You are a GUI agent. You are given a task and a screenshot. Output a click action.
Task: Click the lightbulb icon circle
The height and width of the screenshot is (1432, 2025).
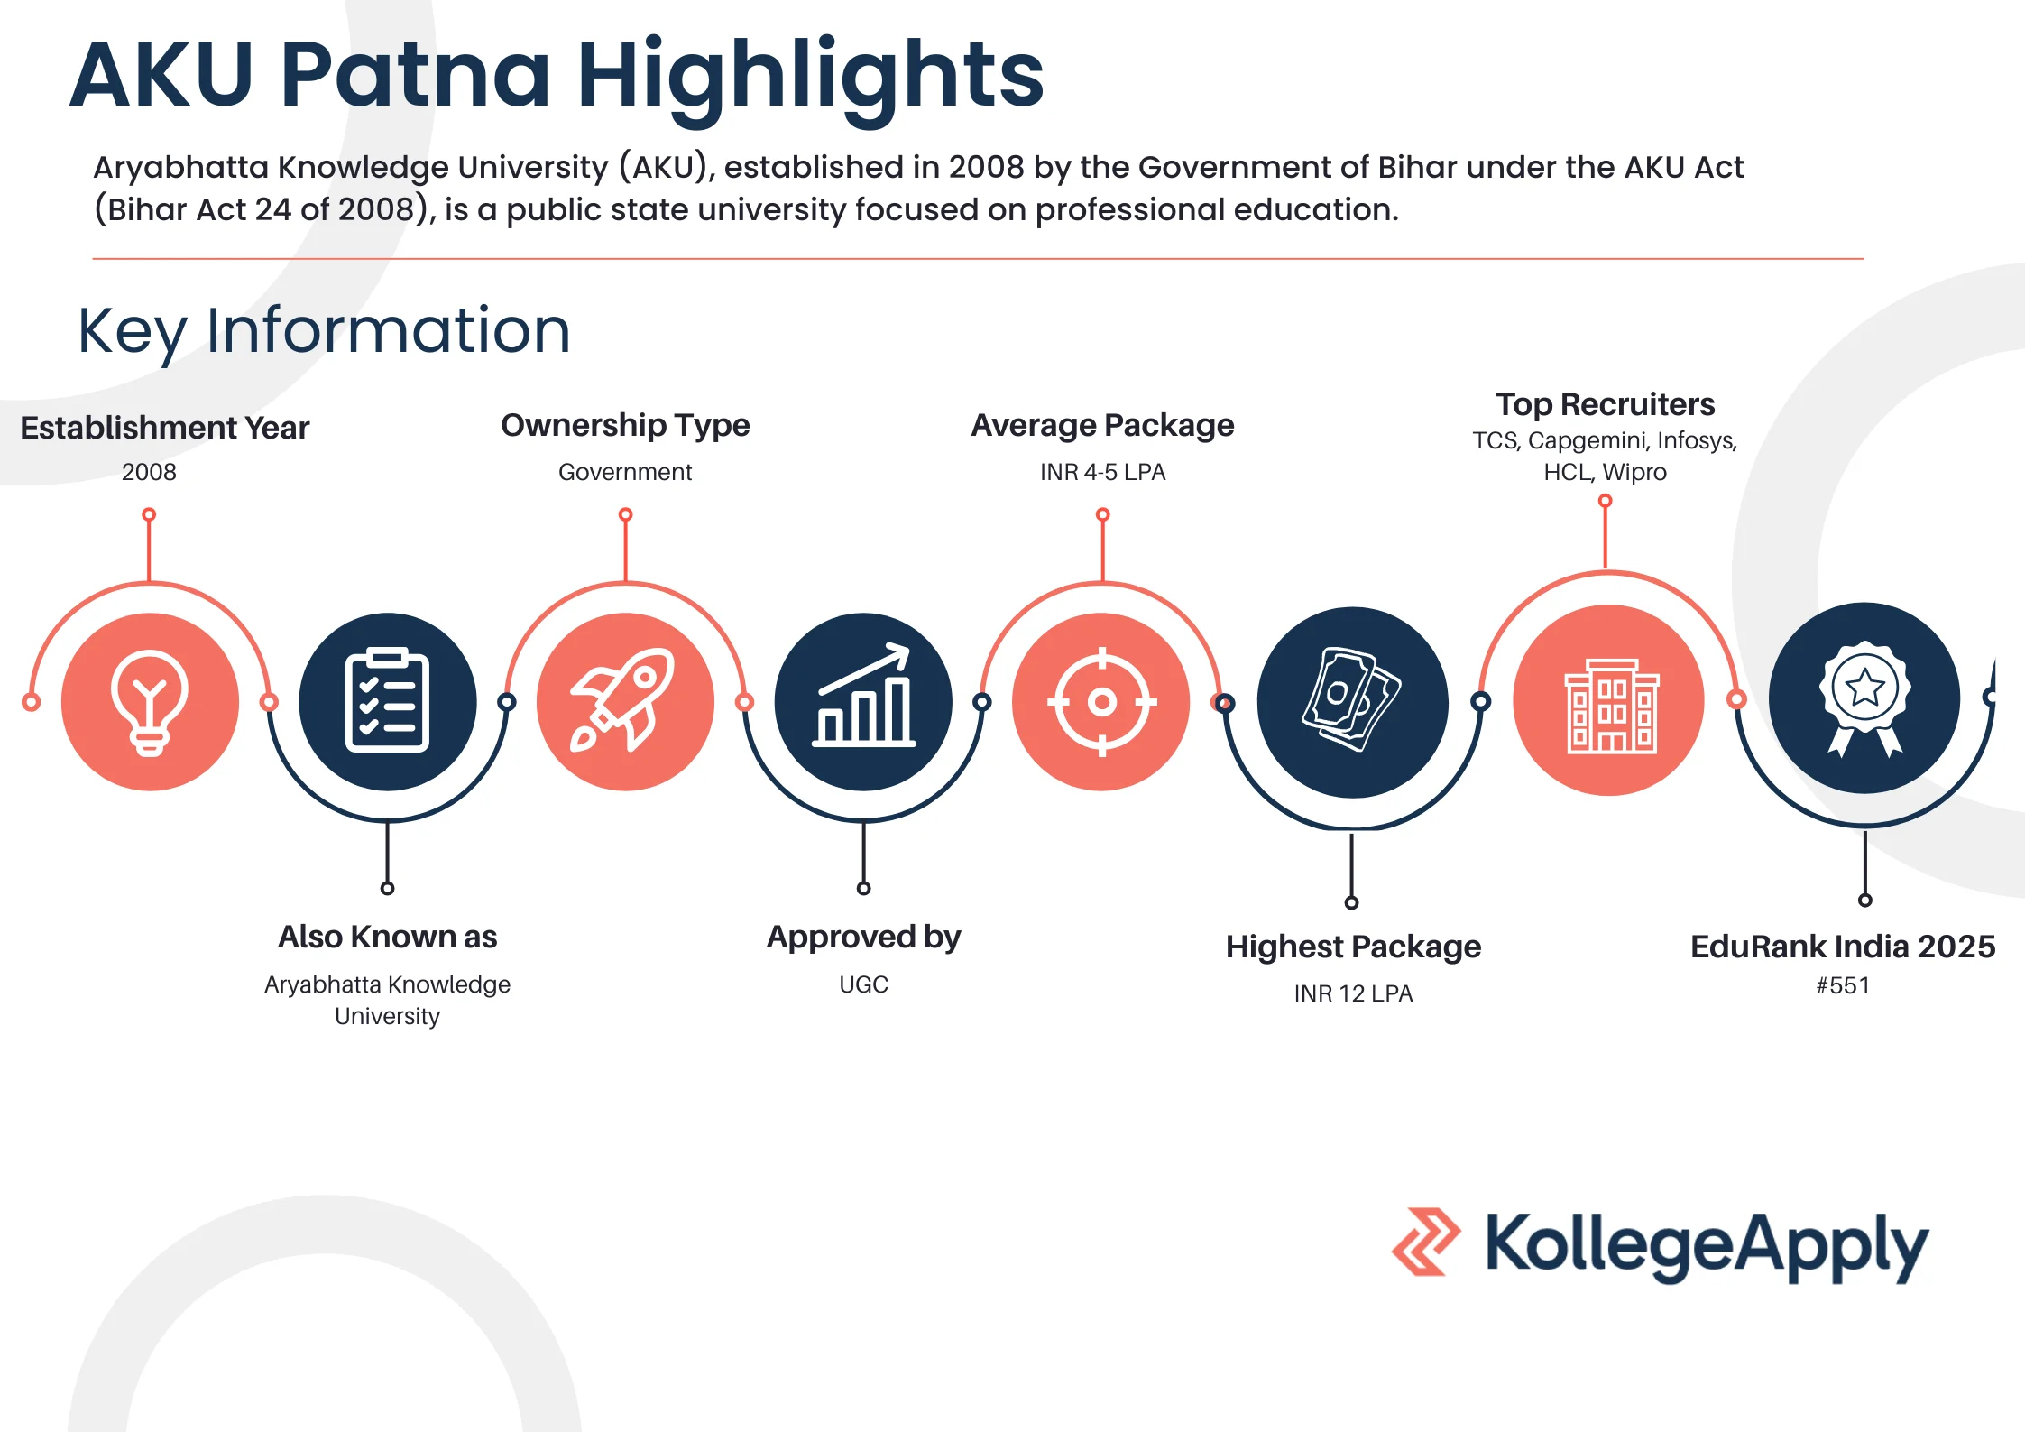pos(150,702)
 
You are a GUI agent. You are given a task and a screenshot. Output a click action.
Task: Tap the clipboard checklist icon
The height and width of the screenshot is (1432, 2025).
pos(387,700)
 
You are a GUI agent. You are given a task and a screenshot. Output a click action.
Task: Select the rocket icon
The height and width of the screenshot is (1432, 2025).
pos(623,699)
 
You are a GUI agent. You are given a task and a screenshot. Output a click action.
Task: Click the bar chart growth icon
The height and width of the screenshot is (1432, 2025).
pos(864,695)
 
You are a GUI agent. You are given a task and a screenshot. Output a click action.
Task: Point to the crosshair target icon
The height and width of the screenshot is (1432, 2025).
pos(1101,701)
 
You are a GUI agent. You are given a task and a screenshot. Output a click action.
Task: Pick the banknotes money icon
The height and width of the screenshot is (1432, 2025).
pos(1351,699)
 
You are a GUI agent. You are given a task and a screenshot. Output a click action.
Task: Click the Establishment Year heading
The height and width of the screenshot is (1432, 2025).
pos(164,428)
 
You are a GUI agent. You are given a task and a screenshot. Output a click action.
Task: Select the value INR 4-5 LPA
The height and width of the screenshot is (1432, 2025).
pos(1102,472)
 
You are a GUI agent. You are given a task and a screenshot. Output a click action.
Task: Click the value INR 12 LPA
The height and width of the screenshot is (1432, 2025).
pos(1353,993)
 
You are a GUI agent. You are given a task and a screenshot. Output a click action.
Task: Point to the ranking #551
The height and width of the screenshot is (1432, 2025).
pos(1843,985)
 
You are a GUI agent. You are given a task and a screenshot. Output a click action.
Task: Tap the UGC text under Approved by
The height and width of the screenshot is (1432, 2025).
pos(863,984)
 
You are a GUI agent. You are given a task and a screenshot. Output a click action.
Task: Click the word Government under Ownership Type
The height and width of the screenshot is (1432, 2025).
pos(625,472)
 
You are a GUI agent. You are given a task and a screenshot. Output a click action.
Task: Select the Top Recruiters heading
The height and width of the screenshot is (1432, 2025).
pos(1605,404)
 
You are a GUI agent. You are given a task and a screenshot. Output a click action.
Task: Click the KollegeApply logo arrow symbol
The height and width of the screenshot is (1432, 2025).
pos(1425,1242)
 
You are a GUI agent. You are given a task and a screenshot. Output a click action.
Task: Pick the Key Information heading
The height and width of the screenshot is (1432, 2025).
pos(324,331)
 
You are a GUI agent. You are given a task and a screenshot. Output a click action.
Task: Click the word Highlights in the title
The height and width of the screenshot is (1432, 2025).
pos(810,78)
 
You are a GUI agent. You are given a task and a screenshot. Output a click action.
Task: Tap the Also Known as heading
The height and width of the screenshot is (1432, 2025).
pos(387,937)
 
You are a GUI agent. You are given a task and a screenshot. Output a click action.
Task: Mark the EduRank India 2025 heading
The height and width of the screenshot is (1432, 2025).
pos(1843,947)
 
